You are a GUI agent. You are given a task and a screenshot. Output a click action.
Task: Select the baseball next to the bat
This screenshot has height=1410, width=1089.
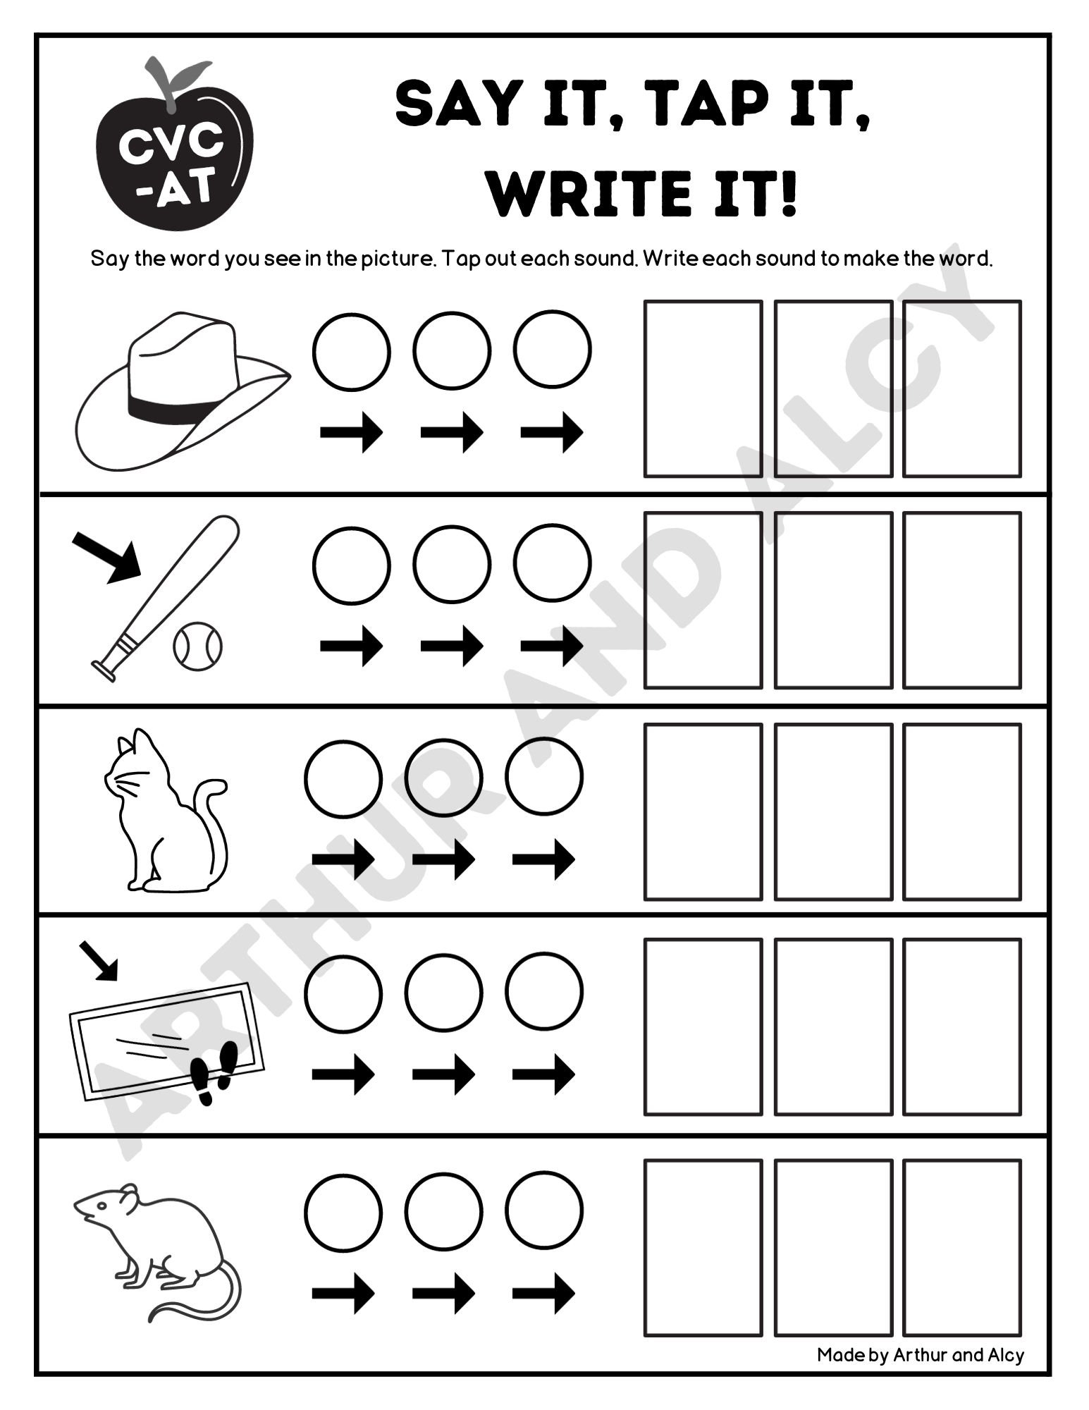pos(197,646)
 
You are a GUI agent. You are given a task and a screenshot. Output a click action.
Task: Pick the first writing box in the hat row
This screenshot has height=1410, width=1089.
pos(703,388)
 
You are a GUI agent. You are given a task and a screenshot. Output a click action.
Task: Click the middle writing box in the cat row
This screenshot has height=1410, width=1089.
pos(833,811)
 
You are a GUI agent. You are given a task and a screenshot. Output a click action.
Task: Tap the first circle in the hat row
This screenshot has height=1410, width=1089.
pos(351,350)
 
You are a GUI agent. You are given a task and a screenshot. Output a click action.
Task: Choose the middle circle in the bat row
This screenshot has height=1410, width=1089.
pos(452,564)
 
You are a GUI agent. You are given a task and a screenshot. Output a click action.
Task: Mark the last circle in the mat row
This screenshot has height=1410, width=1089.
pos(544,991)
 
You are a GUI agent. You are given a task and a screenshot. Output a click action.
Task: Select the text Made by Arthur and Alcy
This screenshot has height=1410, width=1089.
pos(920,1354)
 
